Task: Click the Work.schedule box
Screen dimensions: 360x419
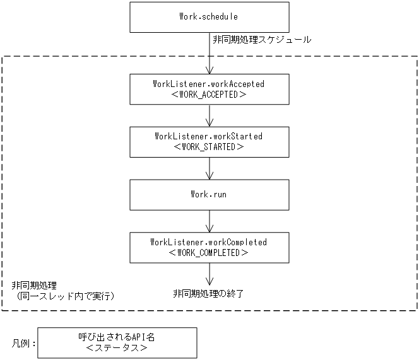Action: [x=208, y=17]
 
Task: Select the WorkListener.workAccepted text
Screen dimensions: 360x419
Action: [x=208, y=83]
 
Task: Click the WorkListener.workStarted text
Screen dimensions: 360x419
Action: [x=208, y=136]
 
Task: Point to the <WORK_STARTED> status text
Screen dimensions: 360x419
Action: [x=208, y=147]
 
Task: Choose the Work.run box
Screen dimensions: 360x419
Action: [x=208, y=195]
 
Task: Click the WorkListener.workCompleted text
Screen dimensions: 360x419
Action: [x=208, y=242]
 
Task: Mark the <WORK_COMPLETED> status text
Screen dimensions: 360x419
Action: [x=208, y=253]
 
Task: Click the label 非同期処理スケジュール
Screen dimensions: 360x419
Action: [x=262, y=40]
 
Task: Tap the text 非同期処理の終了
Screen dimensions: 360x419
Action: [x=208, y=293]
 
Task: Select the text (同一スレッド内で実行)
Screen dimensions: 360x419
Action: [x=66, y=296]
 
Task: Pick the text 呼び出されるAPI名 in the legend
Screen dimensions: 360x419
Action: [x=117, y=337]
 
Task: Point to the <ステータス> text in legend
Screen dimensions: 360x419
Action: [x=117, y=348]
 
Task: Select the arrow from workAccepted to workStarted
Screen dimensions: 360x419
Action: [x=209, y=115]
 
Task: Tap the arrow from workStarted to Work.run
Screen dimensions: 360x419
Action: [x=209, y=168]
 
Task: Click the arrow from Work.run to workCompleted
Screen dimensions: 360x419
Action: [x=209, y=221]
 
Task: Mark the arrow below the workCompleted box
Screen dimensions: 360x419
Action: [x=209, y=274]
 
